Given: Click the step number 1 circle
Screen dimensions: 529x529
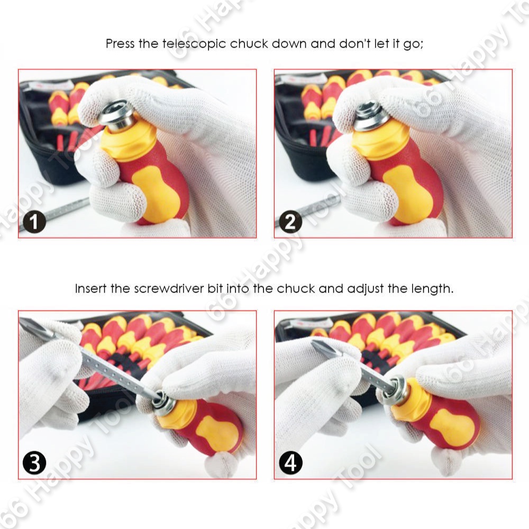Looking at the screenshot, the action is point(34,221).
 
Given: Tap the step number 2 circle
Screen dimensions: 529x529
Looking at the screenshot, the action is point(290,221).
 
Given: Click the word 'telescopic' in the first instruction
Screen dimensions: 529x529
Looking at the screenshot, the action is point(194,44).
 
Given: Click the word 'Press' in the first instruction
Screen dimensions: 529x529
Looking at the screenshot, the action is point(120,44).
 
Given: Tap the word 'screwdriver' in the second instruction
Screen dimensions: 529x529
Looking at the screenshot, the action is point(169,289).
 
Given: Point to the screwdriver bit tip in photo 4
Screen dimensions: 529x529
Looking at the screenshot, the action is point(315,344).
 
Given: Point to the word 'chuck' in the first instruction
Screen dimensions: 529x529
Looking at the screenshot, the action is point(249,44).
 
